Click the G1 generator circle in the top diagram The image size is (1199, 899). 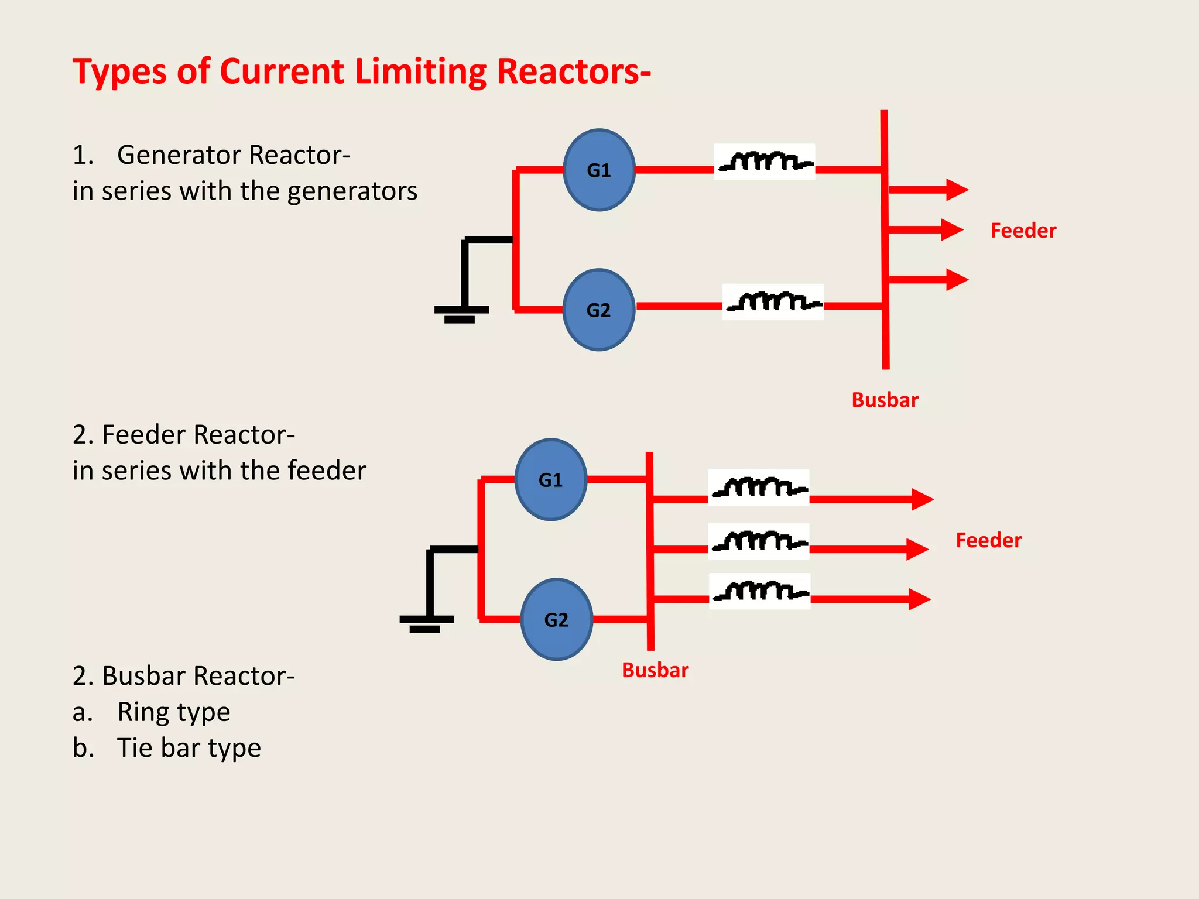point(599,170)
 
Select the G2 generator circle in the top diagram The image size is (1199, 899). point(599,310)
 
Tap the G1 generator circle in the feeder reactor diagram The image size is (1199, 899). point(551,479)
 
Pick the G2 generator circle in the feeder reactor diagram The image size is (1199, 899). point(557,619)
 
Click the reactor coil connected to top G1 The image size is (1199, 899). point(765,162)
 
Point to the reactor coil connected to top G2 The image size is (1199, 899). point(773,302)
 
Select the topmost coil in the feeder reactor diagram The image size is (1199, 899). point(759,487)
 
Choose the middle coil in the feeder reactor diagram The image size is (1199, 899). point(759,541)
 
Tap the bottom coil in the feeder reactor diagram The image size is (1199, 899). point(760,591)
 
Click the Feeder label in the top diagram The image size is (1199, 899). point(1023,231)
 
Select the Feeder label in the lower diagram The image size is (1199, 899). point(989,540)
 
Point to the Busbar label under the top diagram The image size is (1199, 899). point(885,400)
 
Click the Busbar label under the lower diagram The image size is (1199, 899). point(655,670)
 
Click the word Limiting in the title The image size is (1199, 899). point(421,73)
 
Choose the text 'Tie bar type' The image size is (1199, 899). point(189,749)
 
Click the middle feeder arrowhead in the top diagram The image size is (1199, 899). point(953,230)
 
